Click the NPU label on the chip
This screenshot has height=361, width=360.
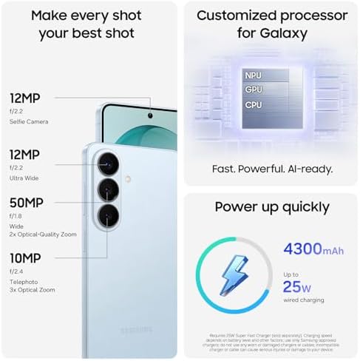(253, 75)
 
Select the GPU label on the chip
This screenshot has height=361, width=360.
(253, 90)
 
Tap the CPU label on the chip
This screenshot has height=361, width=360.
(253, 105)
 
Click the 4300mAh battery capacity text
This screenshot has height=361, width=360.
(313, 249)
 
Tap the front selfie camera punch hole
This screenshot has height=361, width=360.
(151, 115)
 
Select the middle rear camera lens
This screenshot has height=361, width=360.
(108, 190)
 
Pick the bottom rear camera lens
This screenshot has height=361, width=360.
(108, 216)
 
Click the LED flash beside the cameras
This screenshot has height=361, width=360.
(127, 178)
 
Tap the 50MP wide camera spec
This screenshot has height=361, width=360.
(26, 203)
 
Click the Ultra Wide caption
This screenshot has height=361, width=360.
(24, 178)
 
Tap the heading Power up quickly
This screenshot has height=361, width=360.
(272, 206)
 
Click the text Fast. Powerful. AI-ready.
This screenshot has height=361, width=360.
(271, 168)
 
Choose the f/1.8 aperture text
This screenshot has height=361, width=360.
(16, 215)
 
